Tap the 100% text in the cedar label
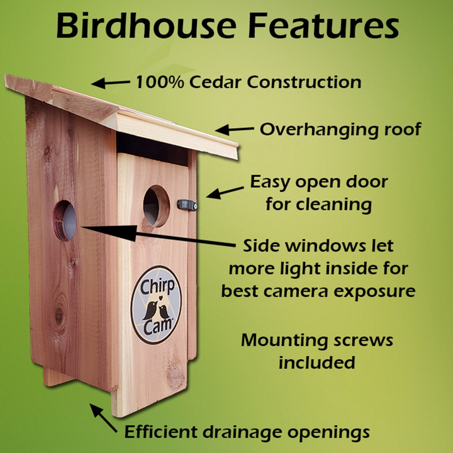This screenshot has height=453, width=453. click(x=159, y=82)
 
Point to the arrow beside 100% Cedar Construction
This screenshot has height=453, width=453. click(x=110, y=83)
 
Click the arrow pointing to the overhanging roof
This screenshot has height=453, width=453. click(x=234, y=129)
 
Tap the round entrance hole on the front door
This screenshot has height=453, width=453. click(x=156, y=206)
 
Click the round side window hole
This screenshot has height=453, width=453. click(x=65, y=220)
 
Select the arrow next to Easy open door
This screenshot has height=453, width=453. click(x=225, y=192)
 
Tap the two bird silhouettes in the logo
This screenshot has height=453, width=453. click(x=156, y=310)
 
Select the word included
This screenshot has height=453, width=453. click(x=316, y=362)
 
